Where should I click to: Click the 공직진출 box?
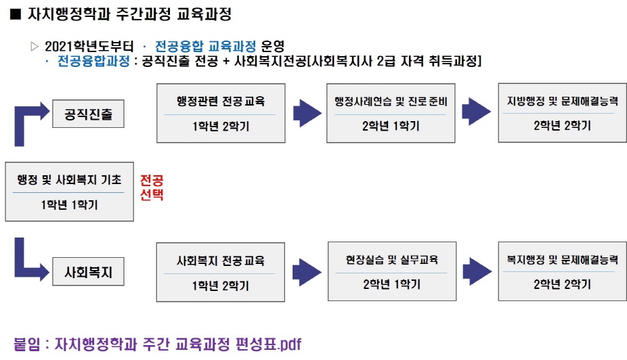click(88, 114)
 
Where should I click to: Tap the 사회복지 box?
click(88, 272)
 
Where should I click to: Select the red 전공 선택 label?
click(152, 187)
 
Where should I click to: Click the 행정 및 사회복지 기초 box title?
click(69, 180)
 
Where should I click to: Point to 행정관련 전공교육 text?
click(221, 101)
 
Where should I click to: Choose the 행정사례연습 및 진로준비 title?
click(391, 102)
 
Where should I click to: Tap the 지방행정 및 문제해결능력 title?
click(562, 101)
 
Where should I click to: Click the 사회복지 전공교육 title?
click(220, 261)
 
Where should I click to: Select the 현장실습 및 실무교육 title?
click(392, 260)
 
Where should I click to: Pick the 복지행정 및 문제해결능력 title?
click(562, 260)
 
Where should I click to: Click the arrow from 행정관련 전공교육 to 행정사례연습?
click(307, 113)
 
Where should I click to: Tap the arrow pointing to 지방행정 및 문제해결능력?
click(476, 112)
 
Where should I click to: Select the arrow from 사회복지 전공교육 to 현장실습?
click(307, 272)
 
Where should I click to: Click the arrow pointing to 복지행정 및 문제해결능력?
click(477, 272)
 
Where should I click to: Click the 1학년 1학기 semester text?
click(69, 205)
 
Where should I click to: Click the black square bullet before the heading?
click(15, 14)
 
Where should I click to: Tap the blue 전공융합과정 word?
click(93, 61)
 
